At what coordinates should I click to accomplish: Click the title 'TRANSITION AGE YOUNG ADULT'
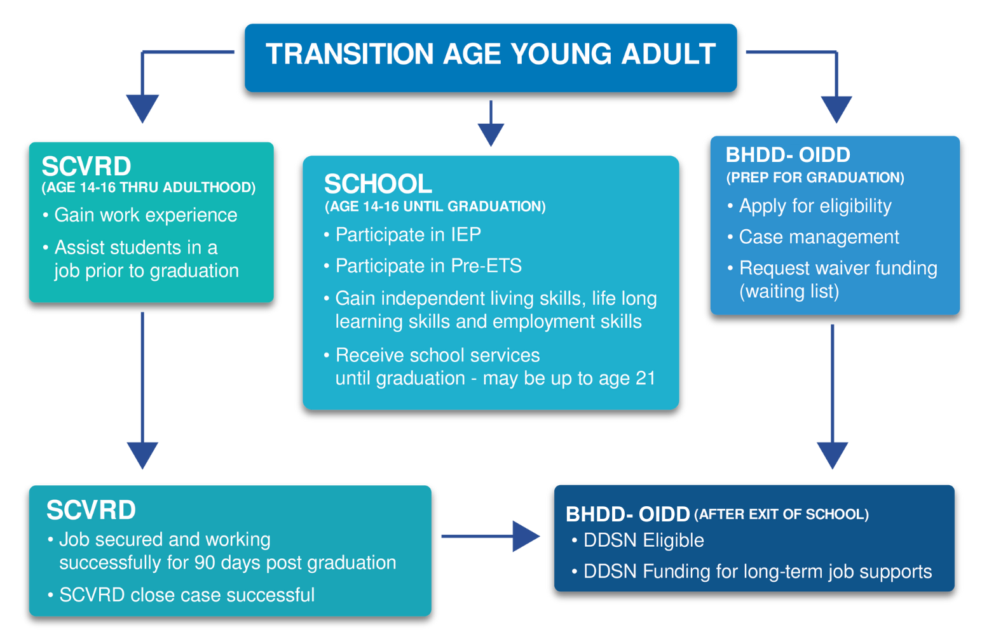491,54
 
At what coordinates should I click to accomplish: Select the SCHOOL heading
378,184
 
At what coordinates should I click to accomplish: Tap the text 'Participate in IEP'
408,234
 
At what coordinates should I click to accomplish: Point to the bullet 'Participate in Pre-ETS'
428,265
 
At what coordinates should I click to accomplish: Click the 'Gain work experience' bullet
146,215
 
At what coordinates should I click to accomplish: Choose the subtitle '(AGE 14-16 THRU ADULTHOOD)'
149,187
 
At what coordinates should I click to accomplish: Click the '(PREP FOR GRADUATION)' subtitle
815,177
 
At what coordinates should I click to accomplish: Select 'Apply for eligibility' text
815,206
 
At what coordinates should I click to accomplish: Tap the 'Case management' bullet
819,237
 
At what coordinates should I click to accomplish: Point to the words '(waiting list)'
789,292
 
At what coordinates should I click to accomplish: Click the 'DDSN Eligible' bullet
644,540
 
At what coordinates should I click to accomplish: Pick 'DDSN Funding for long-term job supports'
758,572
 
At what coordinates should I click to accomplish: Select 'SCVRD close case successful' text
187,595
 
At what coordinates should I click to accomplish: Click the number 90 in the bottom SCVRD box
204,563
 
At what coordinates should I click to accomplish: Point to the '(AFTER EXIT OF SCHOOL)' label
782,514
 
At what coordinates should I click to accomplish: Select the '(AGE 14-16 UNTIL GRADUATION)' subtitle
435,206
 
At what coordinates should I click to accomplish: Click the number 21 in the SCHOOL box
645,378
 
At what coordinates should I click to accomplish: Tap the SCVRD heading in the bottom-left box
91,510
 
